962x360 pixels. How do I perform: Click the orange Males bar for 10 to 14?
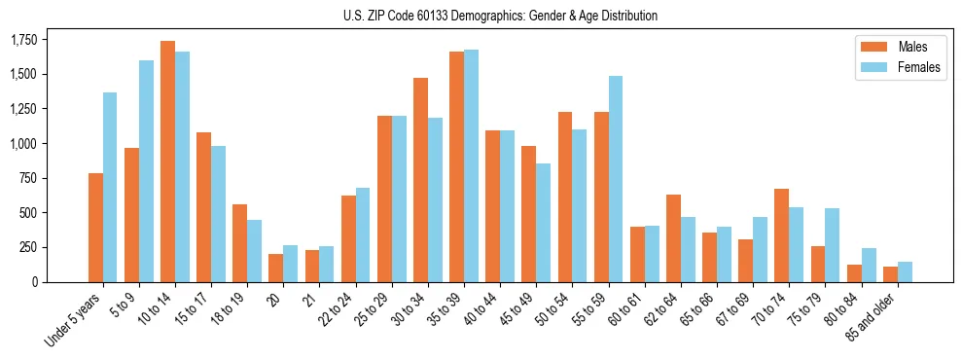coord(167,162)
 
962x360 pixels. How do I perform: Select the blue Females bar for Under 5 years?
coord(110,187)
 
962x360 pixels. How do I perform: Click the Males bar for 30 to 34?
coord(420,180)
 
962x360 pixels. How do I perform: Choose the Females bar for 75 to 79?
coord(833,245)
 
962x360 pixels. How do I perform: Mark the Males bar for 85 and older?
coord(890,274)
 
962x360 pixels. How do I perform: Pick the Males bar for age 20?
coord(275,268)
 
